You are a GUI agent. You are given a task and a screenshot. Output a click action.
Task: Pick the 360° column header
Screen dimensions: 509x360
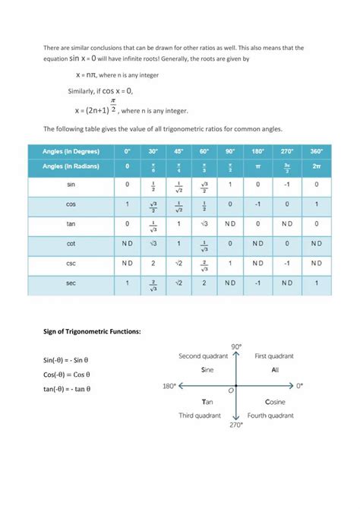tap(317, 151)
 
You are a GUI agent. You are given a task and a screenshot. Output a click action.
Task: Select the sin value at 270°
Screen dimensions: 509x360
tap(287, 185)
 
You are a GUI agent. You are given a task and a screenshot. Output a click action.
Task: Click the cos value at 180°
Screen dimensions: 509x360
tap(257, 204)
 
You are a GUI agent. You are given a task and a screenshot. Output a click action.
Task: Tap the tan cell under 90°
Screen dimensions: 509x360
tap(229, 224)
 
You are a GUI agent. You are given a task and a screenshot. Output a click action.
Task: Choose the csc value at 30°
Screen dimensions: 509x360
tap(153, 263)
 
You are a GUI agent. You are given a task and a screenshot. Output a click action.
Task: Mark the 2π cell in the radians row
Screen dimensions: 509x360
tap(317, 166)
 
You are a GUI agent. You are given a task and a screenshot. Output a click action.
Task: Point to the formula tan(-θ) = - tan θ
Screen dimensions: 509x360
tap(67, 389)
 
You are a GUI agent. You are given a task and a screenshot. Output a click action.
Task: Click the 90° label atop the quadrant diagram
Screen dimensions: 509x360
tap(237, 346)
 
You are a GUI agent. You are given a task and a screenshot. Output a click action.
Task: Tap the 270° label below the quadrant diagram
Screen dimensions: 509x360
tap(237, 425)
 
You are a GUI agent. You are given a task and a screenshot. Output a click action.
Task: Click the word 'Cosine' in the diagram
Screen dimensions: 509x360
tap(275, 401)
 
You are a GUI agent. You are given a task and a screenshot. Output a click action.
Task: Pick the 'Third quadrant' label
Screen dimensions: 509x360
tap(199, 416)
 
